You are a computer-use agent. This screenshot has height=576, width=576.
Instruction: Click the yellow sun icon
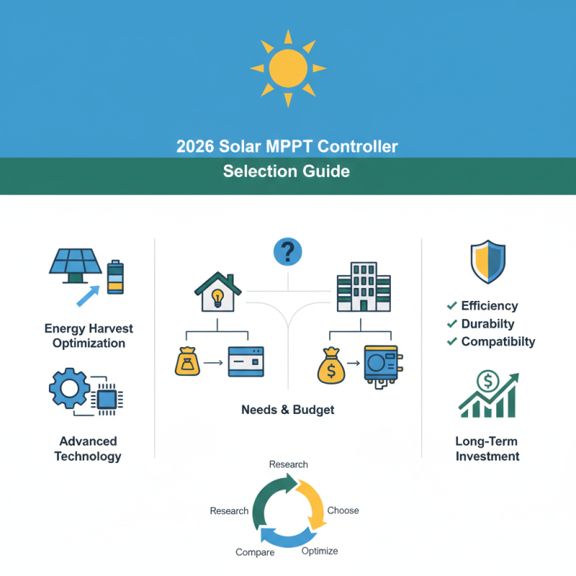288,68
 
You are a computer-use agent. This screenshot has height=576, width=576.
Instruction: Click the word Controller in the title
353,147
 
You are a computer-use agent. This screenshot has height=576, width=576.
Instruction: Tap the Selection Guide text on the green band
287,171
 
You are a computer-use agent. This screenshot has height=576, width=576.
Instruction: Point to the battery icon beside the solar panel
115,277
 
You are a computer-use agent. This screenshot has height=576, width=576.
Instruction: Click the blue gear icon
70,390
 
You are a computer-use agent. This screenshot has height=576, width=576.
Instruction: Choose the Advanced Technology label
88,449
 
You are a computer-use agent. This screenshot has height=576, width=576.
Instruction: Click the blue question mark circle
288,252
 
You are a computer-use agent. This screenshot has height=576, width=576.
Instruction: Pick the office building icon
364,287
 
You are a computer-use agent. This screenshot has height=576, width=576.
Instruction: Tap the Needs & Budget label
288,410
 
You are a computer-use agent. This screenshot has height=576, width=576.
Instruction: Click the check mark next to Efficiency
452,305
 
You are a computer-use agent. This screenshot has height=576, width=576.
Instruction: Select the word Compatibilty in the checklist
498,341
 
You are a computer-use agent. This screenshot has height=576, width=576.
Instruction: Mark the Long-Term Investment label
487,449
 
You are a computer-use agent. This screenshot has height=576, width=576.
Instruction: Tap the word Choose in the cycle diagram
343,510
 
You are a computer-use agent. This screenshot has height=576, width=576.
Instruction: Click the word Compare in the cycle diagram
255,552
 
